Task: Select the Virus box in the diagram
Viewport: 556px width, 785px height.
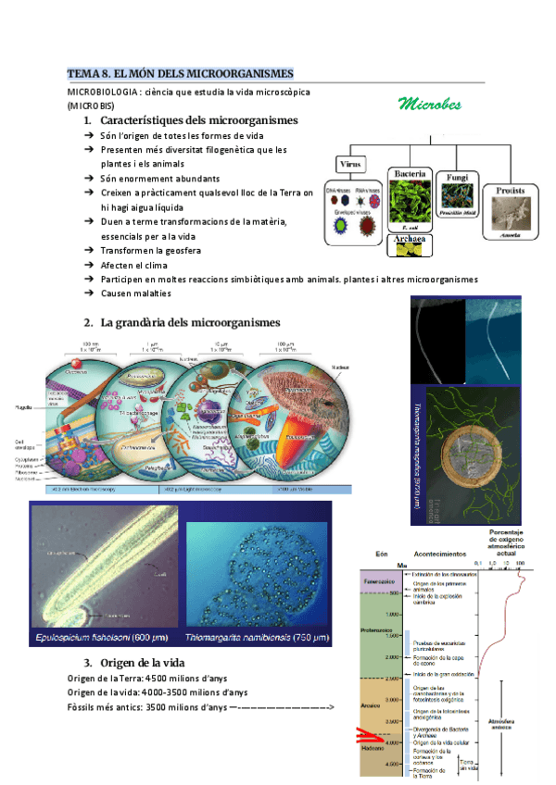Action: (349, 165)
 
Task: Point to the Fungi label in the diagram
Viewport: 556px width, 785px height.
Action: (457, 174)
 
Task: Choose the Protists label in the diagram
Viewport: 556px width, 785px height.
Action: (511, 191)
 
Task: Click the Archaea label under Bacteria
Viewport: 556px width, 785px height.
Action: (409, 239)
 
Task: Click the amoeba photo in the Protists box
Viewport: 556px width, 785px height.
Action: (511, 218)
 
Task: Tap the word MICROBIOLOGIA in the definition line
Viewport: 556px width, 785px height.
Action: (103, 93)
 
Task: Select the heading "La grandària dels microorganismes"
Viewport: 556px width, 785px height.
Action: (189, 322)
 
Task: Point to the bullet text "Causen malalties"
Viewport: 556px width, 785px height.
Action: (135, 293)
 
